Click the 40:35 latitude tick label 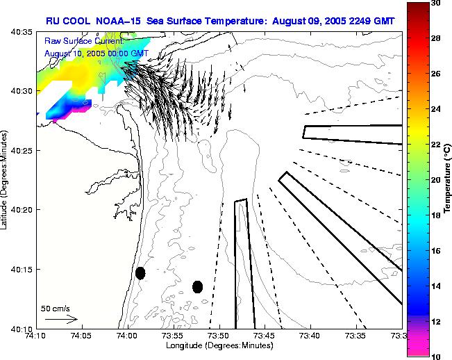pos(23,32)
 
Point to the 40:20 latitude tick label pos(23,210)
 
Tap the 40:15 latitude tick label pos(23,269)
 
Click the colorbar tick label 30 pos(435,3)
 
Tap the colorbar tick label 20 pos(435,179)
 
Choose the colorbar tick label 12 pos(435,321)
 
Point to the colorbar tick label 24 pos(435,109)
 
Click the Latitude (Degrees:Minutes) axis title pos(6,180)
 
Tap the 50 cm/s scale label pos(55,308)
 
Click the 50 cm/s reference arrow pos(61,319)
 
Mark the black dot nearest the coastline pos(140,273)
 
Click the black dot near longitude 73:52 pos(197,286)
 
